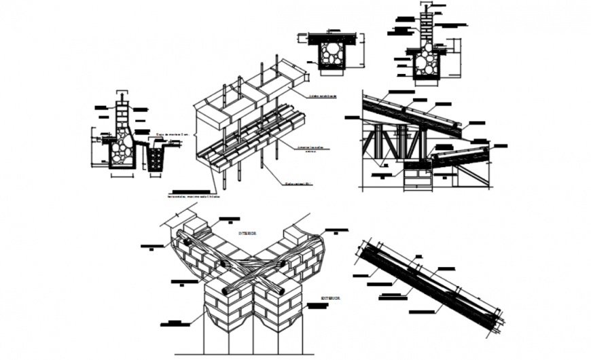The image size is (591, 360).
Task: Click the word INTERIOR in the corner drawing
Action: [247, 233]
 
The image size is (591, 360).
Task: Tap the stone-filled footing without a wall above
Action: [333, 53]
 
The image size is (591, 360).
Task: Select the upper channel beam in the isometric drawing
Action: [251, 95]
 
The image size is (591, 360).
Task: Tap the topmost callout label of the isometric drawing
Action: [323, 96]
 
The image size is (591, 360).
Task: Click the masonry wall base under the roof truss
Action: [417, 178]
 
